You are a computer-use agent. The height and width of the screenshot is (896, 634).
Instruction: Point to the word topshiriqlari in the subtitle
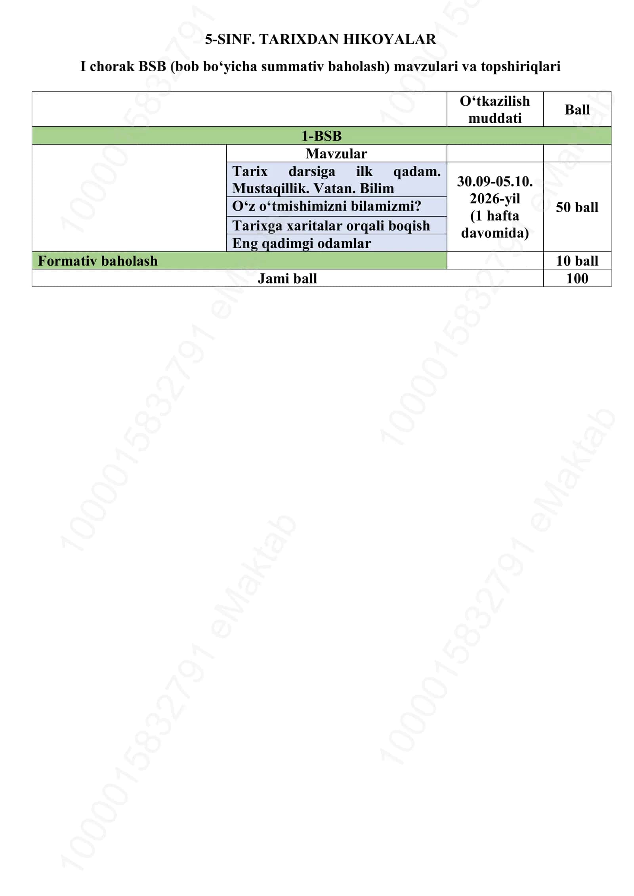[520, 67]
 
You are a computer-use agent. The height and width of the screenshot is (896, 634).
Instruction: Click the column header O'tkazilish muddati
[495, 110]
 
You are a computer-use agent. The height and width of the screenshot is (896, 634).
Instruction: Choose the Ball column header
[577, 110]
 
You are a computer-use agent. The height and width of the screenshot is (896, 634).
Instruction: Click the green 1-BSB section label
[321, 136]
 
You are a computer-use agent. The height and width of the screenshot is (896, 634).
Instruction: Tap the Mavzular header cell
[336, 153]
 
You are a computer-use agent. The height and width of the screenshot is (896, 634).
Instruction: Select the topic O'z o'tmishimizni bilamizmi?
[327, 206]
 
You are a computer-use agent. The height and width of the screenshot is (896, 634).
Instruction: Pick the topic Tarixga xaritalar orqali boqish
[331, 225]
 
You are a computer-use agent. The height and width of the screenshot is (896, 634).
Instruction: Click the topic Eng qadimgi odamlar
[302, 243]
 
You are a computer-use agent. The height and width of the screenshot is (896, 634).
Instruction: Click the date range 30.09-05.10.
[495, 181]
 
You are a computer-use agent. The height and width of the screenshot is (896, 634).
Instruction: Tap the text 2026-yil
[495, 198]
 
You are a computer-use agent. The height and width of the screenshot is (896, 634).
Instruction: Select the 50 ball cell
[577, 207]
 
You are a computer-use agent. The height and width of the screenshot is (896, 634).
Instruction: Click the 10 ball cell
[577, 261]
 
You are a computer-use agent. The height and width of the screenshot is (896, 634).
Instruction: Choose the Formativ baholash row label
[97, 261]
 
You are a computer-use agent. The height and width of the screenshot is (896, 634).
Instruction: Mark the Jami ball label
[287, 278]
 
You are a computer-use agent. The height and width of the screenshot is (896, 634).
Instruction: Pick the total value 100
[577, 278]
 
